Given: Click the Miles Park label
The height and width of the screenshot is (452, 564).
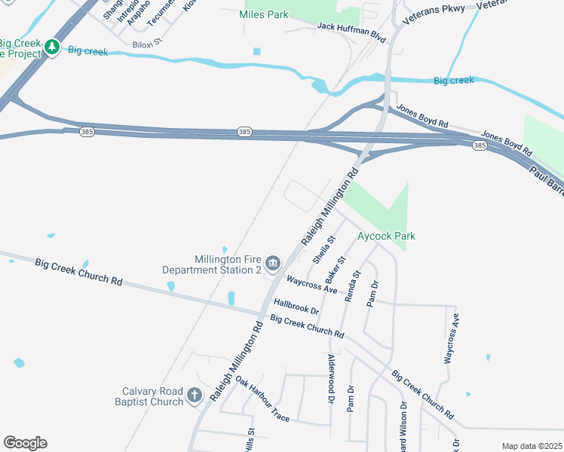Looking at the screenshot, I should tap(264, 14).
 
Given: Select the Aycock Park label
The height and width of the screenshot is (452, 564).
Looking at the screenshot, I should tap(386, 236).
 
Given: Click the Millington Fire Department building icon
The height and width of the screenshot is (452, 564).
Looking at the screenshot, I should tap(273, 263).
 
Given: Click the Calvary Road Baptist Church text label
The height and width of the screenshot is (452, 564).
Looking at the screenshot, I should tap(153, 396).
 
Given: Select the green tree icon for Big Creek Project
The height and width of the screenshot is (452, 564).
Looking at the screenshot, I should tap(51, 47).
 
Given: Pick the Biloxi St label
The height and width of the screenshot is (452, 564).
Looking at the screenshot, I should tap(148, 44).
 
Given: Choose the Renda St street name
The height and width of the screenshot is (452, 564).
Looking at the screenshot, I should tap(351, 286).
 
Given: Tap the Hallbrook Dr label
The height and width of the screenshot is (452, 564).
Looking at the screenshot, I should tap(297, 307).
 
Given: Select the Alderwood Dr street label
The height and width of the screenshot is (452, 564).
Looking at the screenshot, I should tap(331, 378).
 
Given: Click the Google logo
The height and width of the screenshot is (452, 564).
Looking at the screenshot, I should tap(25, 443).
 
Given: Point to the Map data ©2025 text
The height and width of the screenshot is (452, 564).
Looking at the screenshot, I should tap(532, 446).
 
